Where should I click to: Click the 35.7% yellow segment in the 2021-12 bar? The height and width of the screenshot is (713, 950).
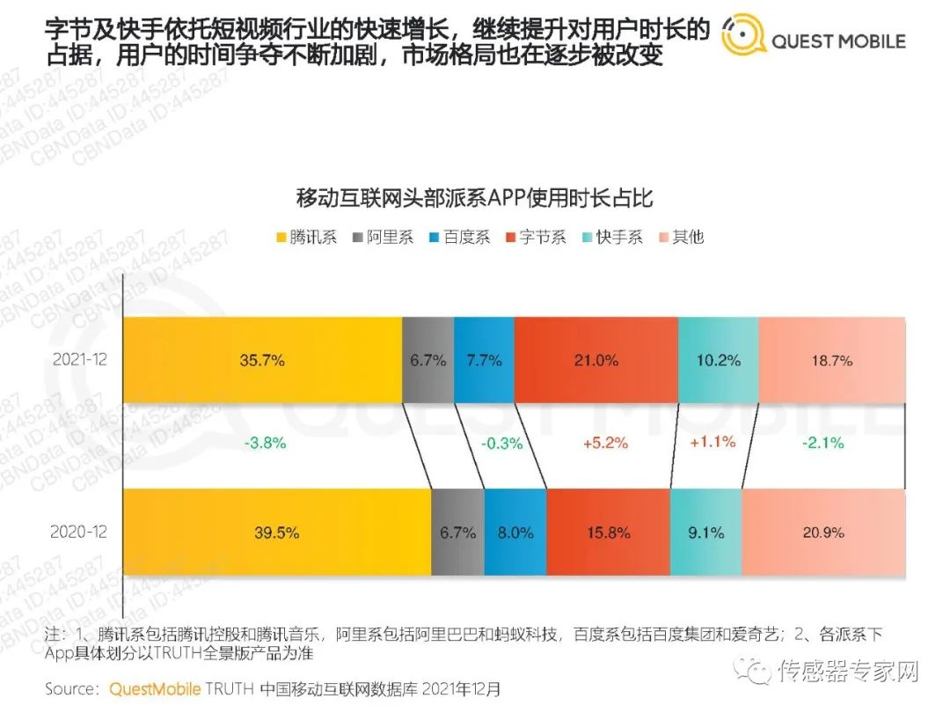pyautogui.click(x=262, y=360)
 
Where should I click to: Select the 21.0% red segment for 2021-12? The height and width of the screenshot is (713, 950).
pyautogui.click(x=596, y=360)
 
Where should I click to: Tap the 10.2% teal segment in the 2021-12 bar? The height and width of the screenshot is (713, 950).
pyautogui.click(x=718, y=360)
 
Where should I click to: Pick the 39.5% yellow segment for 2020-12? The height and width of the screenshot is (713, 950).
pyautogui.click(x=276, y=533)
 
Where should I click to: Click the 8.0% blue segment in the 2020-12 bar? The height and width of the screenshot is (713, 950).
pyautogui.click(x=515, y=533)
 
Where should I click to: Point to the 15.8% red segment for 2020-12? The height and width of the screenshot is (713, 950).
pyautogui.click(x=608, y=533)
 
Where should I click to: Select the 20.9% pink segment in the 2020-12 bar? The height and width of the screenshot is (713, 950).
pyautogui.click(x=823, y=533)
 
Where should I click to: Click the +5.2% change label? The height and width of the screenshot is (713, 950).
pyautogui.click(x=605, y=444)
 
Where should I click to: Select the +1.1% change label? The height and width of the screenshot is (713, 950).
pyautogui.click(x=712, y=442)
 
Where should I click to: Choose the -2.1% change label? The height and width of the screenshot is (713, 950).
pyautogui.click(x=822, y=444)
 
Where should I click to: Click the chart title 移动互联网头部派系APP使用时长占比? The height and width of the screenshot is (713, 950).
pyautogui.click(x=475, y=197)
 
